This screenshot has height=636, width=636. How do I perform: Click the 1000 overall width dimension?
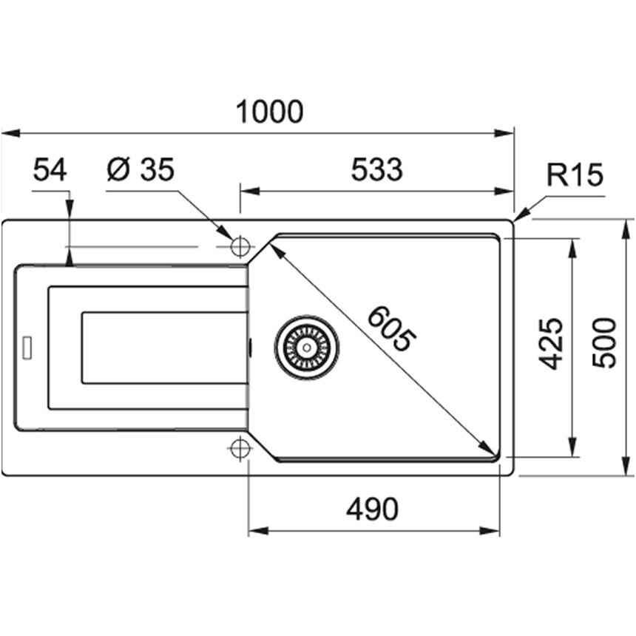pyautogui.click(x=269, y=112)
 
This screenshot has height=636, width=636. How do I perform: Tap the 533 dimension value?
pyautogui.click(x=377, y=169)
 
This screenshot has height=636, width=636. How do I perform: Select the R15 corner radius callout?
pyautogui.click(x=575, y=175)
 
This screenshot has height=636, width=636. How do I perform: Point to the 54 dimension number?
pyautogui.click(x=50, y=170)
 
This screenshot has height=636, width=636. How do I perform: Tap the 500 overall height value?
pyautogui.click(x=604, y=343)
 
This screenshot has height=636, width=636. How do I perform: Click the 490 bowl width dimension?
pyautogui.click(x=372, y=509)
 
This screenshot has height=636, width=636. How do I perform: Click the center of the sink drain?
pyautogui.click(x=307, y=348)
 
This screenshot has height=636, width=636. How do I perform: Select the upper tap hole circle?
pyautogui.click(x=240, y=246)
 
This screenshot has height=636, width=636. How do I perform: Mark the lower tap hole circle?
pyautogui.click(x=240, y=448)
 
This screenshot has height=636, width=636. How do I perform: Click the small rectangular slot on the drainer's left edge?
pyautogui.click(x=27, y=347)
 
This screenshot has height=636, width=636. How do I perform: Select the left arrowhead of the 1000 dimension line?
pyautogui.click(x=11, y=133)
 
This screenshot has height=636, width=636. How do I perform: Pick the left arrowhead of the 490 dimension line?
pyautogui.click(x=258, y=530)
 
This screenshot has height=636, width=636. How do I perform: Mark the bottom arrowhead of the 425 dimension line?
pyautogui.click(x=572, y=447)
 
